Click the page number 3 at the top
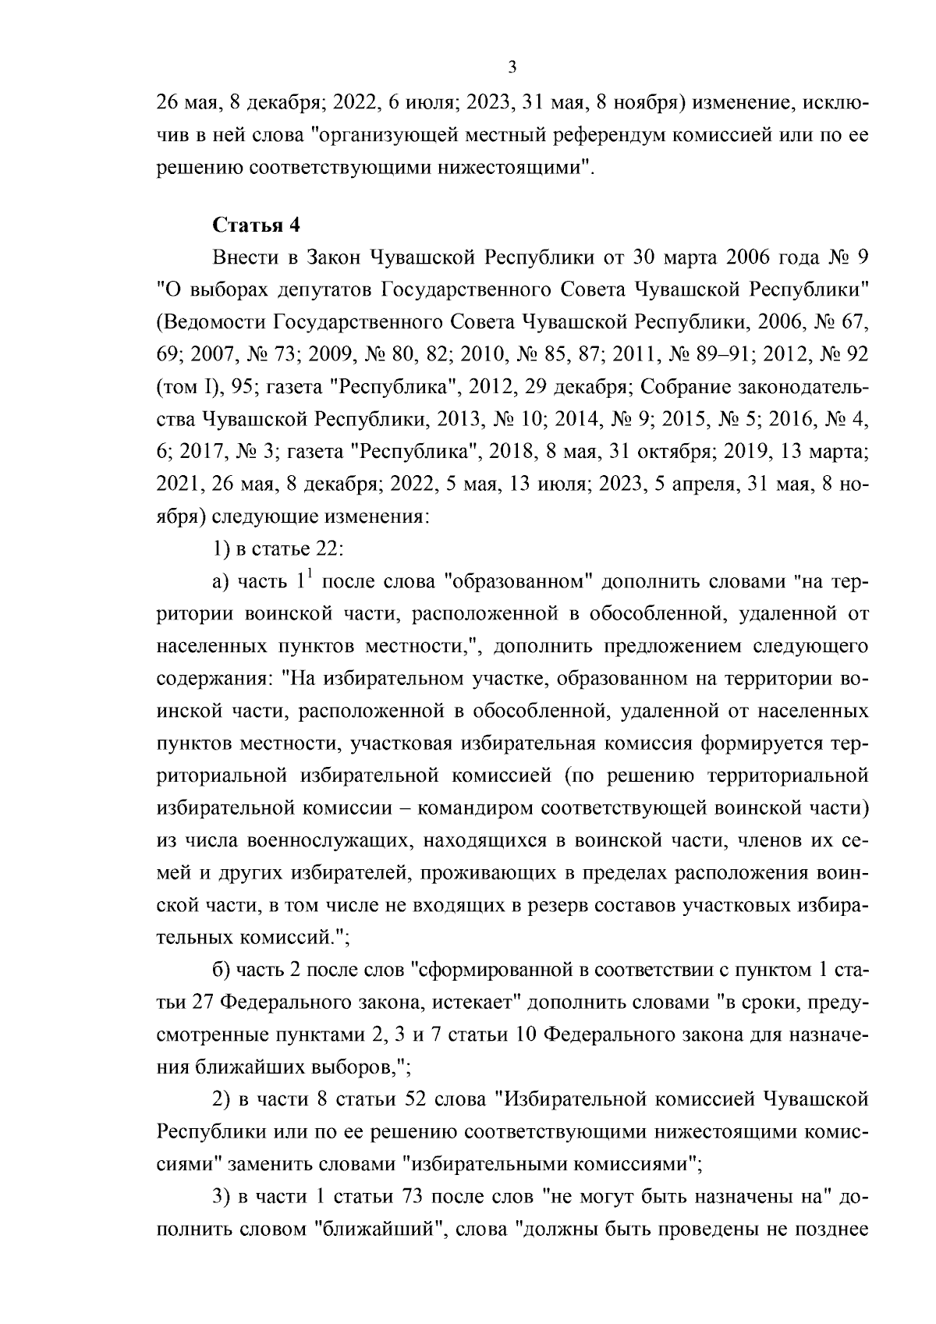click(512, 67)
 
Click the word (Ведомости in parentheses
click(210, 321)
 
